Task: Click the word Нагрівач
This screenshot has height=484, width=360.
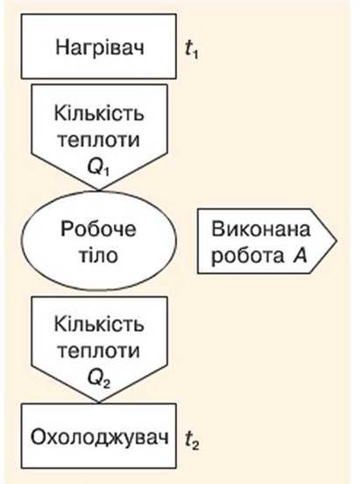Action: point(100,48)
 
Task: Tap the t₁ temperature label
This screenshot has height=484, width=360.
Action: point(192,50)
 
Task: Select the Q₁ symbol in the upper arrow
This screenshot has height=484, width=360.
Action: point(99,168)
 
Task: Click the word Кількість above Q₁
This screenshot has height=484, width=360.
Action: point(99,113)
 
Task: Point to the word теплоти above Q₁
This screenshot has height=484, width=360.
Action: point(99,140)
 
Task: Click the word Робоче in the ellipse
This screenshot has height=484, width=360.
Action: point(98,228)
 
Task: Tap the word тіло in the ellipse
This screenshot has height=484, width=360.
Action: point(99,256)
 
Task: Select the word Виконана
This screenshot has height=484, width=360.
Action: point(261,229)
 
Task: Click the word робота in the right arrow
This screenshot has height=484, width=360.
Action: point(248,256)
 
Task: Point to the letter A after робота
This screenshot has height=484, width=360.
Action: point(300,256)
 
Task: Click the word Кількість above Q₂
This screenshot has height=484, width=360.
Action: point(99,324)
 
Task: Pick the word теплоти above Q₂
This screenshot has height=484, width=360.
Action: point(99,351)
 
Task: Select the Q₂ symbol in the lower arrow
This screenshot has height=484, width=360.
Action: point(99,379)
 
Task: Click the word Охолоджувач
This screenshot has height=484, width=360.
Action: point(100,437)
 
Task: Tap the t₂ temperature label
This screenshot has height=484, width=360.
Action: point(192,441)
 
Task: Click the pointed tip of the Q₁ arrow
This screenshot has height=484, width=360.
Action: point(99,190)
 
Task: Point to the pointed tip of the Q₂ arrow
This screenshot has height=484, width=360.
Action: point(99,403)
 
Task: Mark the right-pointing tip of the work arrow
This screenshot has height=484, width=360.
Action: point(336,241)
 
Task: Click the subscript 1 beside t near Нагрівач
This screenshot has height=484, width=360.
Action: point(194,54)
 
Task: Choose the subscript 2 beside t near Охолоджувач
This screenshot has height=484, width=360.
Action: point(195,445)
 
